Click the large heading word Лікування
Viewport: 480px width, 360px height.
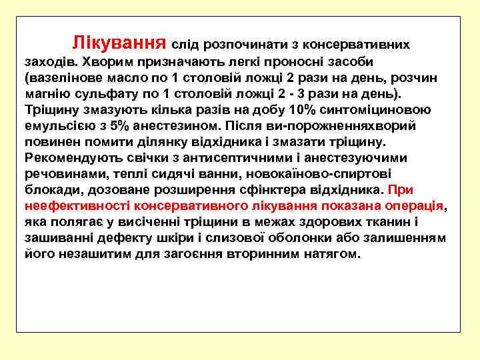(119, 43)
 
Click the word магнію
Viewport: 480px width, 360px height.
(44, 93)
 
